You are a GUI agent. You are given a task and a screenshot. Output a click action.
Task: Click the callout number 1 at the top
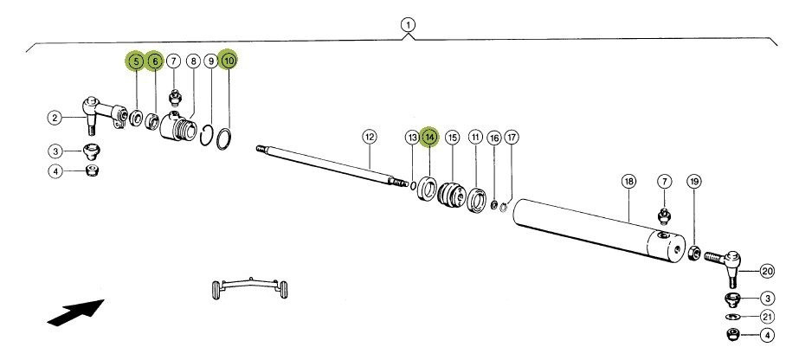tap(407, 25)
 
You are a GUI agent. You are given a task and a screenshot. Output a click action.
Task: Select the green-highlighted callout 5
tap(135, 61)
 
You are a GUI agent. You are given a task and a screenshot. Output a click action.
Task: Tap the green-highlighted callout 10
tap(229, 61)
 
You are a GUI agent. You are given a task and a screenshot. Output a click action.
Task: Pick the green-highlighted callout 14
tap(430, 137)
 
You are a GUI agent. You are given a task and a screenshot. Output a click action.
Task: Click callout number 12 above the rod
tap(370, 137)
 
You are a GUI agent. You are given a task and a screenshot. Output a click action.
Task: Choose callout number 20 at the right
tap(767, 271)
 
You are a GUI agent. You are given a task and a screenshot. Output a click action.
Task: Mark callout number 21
tap(767, 316)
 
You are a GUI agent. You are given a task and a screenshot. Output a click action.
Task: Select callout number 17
tap(512, 138)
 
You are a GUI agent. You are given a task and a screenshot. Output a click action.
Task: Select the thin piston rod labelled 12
tap(329, 164)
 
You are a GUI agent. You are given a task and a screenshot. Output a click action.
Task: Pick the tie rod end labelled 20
tap(725, 260)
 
